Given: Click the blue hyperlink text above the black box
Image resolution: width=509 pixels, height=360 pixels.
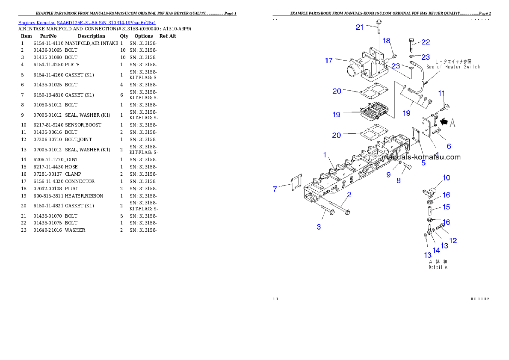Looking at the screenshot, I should click(87, 22).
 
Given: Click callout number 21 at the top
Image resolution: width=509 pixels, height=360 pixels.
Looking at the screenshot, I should click(360, 27).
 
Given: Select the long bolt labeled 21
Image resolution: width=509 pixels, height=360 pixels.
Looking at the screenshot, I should click(379, 26).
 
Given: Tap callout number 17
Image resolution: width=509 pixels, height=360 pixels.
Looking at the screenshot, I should click(328, 61).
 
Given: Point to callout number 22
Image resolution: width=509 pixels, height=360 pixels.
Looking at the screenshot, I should click(425, 42).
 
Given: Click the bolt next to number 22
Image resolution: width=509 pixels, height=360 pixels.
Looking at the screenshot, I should click(411, 43).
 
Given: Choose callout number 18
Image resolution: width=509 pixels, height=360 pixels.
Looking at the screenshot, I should click(386, 41).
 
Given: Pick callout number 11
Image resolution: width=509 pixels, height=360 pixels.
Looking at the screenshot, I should click(441, 93).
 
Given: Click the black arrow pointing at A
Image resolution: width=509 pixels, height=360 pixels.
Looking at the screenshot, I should click(444, 122).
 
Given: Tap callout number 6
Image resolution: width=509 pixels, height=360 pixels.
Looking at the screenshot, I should click(449, 146).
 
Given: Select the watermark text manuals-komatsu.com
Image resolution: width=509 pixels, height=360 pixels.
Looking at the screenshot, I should click(421, 157).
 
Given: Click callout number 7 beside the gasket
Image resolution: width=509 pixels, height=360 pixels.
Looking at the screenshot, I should click(275, 189).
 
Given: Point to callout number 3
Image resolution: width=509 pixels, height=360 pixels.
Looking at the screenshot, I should click(319, 227).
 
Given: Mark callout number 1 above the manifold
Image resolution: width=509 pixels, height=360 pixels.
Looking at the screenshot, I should click(325, 154).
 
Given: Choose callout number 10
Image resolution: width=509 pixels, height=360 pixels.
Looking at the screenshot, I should click(446, 177).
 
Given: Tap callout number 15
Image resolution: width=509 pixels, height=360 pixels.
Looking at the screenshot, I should click(446, 207).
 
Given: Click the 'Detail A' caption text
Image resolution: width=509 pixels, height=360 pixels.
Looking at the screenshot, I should click(438, 267).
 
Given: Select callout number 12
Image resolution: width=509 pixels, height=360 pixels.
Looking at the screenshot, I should click(453, 241).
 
